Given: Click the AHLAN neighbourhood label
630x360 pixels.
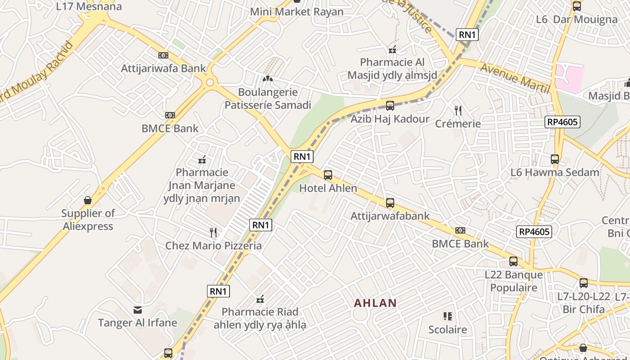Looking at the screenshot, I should pos(375,303).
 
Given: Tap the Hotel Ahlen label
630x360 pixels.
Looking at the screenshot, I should pos(328,188).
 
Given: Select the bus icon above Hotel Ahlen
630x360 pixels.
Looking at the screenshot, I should pos(328,175).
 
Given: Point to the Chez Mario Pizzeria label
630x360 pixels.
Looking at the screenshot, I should pos(213,245).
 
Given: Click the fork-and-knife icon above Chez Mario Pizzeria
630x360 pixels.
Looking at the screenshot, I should pos(213,232).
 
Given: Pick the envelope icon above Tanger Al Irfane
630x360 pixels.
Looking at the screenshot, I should pos(138,310).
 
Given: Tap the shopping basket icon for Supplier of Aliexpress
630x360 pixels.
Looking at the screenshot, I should pos(88,200).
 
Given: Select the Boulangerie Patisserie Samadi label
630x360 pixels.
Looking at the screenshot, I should pos(268,99).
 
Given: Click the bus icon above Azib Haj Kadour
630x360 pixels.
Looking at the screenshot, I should pos(390,106).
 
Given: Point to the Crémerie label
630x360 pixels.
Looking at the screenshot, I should pos(458,123).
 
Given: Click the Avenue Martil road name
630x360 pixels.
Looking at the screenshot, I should pos(515,78).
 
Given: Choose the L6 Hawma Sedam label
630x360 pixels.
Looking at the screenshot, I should pos(555,172).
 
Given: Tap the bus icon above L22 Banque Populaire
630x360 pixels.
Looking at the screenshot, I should pos(513,261).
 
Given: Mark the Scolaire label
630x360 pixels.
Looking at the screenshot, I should pos(447,329).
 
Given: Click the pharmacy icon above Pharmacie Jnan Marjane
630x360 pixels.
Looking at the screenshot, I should pos(202,159).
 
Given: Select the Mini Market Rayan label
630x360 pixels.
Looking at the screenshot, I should pos(297,12).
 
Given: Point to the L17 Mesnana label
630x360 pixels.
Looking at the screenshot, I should pos(89,6).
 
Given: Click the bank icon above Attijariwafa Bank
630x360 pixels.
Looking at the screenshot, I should pos(163,55).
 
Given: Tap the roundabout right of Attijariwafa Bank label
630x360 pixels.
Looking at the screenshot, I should pos(210,82).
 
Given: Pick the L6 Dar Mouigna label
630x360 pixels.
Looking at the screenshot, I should pos(576,19).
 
